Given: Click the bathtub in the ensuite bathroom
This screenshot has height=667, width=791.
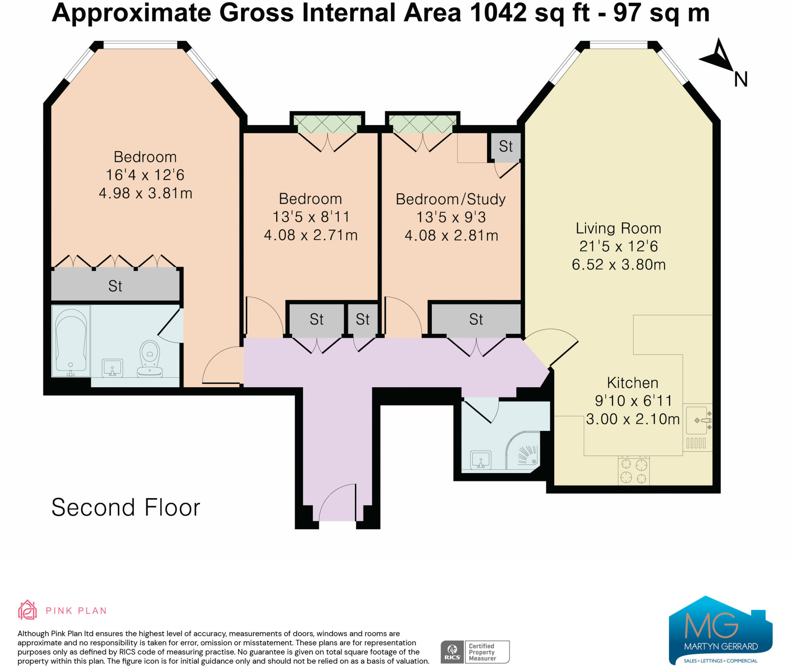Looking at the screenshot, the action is pos(71,341).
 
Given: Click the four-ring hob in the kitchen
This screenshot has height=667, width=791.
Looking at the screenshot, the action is pos(633,471).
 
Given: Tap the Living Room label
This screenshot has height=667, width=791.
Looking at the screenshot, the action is pos(618,228).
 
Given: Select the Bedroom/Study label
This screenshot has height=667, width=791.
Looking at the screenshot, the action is pos(451,199).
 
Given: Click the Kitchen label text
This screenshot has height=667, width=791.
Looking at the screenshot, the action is pos(633,383).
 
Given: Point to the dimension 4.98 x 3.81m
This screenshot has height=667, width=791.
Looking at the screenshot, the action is pos(146,193).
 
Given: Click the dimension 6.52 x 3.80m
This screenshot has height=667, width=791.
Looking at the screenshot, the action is pos(619,264).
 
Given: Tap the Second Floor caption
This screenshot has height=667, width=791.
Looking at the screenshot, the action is pos(126,507).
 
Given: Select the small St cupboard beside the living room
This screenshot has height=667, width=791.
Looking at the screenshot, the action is pos(506,146).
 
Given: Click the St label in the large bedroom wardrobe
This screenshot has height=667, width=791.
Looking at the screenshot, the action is pos(115,286).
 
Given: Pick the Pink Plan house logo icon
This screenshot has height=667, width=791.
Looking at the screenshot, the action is pos(27,610).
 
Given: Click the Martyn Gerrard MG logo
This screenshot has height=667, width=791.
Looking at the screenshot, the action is pos(720,631).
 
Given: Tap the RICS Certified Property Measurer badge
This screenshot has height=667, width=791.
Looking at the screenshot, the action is pos(475,652).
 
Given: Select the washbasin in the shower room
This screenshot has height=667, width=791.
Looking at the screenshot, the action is pos(481,459).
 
